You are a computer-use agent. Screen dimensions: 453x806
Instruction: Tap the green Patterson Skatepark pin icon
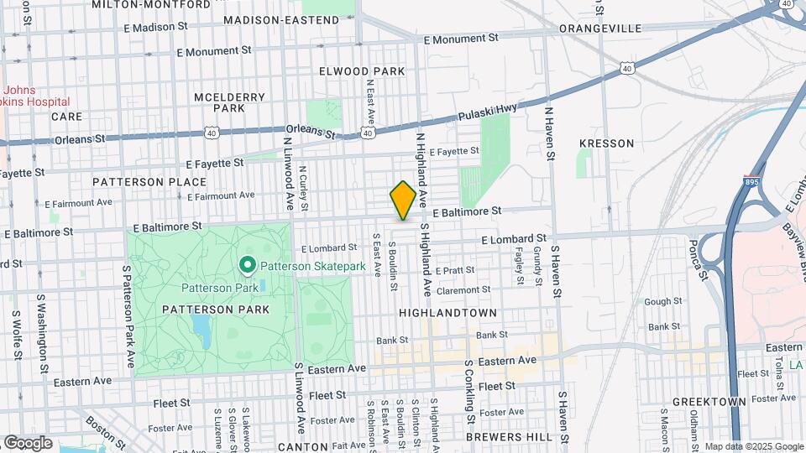[x=248, y=266]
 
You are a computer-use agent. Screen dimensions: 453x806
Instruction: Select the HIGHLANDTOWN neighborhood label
[x=447, y=312]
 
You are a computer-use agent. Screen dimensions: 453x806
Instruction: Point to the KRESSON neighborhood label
[x=606, y=143]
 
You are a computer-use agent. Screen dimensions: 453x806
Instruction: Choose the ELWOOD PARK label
[x=362, y=71]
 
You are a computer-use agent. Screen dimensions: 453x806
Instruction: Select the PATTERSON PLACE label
[x=149, y=182]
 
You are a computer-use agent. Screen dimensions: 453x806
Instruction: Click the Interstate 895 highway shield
[x=751, y=180]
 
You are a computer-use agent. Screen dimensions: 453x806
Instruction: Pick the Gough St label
[x=662, y=301]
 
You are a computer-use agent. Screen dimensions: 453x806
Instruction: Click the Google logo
[x=28, y=442]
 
